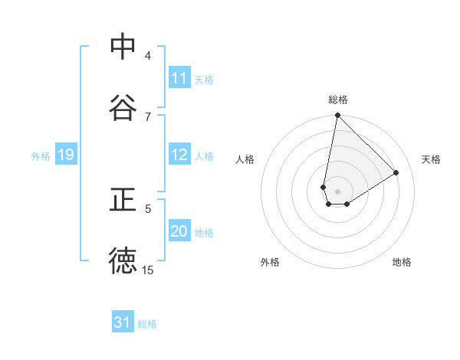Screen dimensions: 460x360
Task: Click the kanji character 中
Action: [123, 47]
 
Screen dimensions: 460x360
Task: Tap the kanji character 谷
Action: [123, 108]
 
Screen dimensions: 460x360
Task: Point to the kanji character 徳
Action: [123, 261]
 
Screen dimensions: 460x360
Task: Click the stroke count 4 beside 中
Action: [148, 55]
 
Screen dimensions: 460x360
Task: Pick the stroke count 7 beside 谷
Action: [148, 116]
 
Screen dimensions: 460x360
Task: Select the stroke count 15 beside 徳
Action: [148, 270]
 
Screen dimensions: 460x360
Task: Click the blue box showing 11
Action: [179, 78]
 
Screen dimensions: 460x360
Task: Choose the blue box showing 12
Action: [179, 155]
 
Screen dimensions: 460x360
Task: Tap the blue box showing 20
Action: [179, 231]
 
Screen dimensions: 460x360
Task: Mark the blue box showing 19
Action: [66, 155]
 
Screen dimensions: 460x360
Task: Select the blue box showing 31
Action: [123, 322]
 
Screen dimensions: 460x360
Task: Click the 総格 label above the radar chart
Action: [338, 100]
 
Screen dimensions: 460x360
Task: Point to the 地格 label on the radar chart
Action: [402, 262]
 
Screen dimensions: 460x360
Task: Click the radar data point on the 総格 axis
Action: [337, 116]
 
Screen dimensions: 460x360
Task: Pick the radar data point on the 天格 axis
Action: [396, 172]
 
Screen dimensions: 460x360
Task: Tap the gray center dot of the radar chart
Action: [337, 191]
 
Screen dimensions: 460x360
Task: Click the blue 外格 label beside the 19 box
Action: [41, 155]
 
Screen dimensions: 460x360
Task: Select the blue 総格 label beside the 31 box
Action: [147, 324]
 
